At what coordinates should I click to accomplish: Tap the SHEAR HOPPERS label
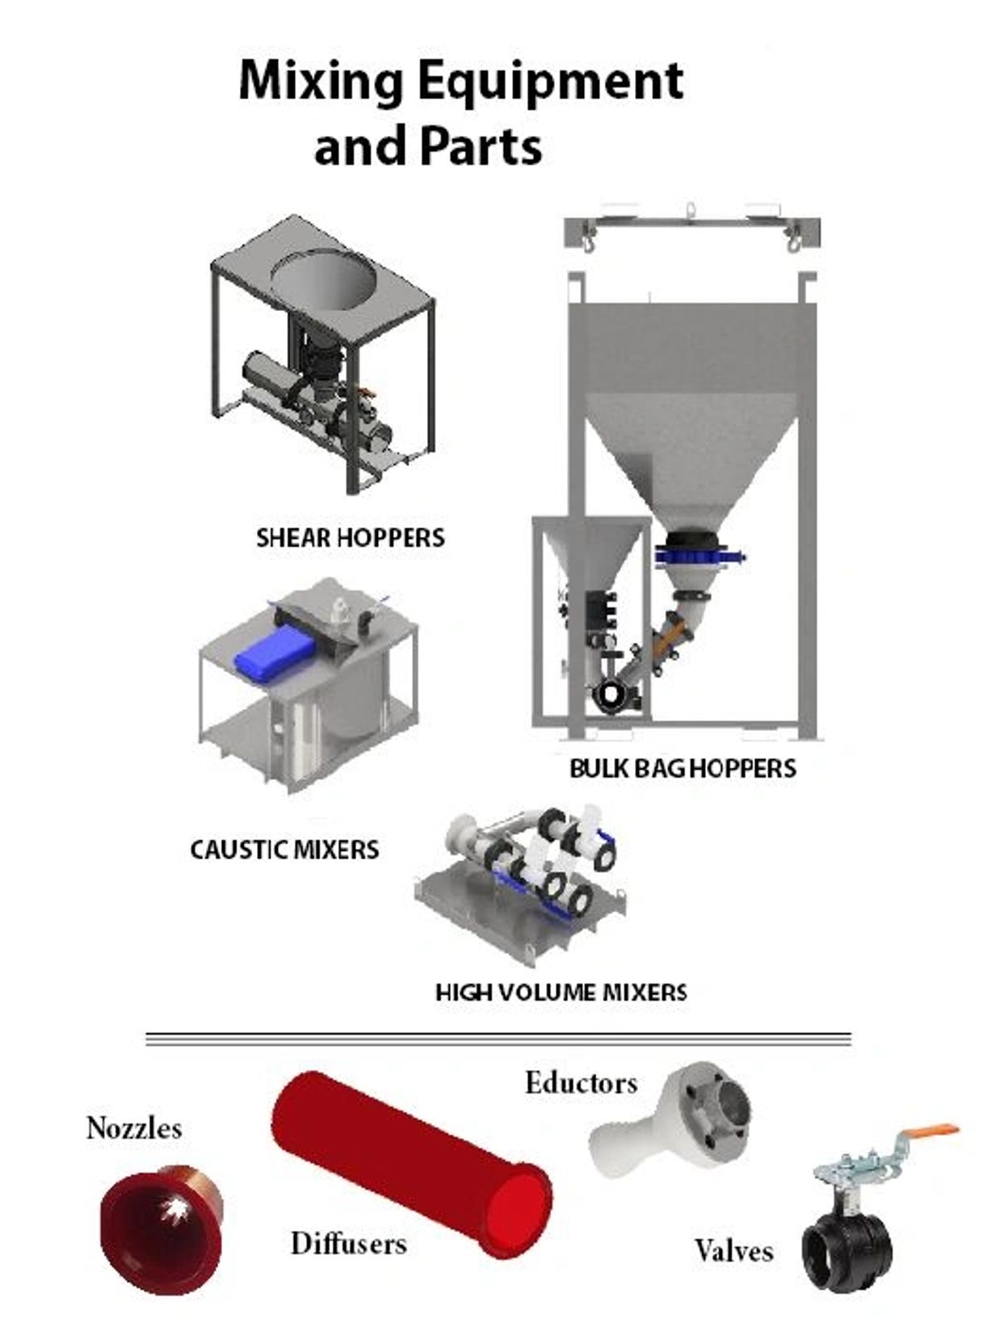coord(350,538)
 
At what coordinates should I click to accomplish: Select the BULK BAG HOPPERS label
coord(683,768)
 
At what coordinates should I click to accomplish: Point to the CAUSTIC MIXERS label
coord(284,850)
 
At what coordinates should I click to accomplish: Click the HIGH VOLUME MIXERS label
coord(561,992)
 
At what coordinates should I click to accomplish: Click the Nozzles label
coord(134,1127)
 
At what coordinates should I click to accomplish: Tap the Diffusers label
coord(348,1243)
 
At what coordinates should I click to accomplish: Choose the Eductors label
coord(581,1083)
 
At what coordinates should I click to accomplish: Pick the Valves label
coord(733,1251)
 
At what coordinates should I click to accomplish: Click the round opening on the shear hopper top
coord(323,279)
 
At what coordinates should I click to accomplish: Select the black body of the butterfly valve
coord(847,1250)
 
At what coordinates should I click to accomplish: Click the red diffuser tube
coord(412,1163)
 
